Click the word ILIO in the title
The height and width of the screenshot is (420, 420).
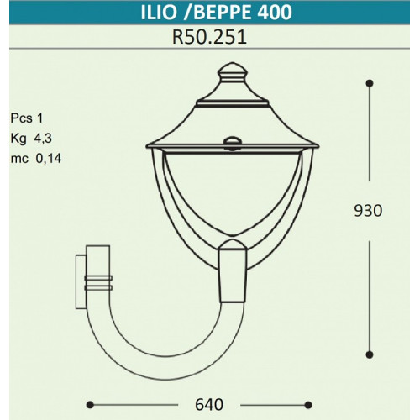point(159,12)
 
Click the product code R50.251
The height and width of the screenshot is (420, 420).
point(209,37)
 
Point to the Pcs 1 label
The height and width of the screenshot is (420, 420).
point(27,118)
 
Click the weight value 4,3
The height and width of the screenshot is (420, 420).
point(43,139)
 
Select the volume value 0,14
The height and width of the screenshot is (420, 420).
point(49,159)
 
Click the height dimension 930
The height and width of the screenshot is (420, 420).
point(368,211)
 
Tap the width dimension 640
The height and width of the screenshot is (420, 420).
point(209,405)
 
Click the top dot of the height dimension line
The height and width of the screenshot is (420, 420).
point(370,83)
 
